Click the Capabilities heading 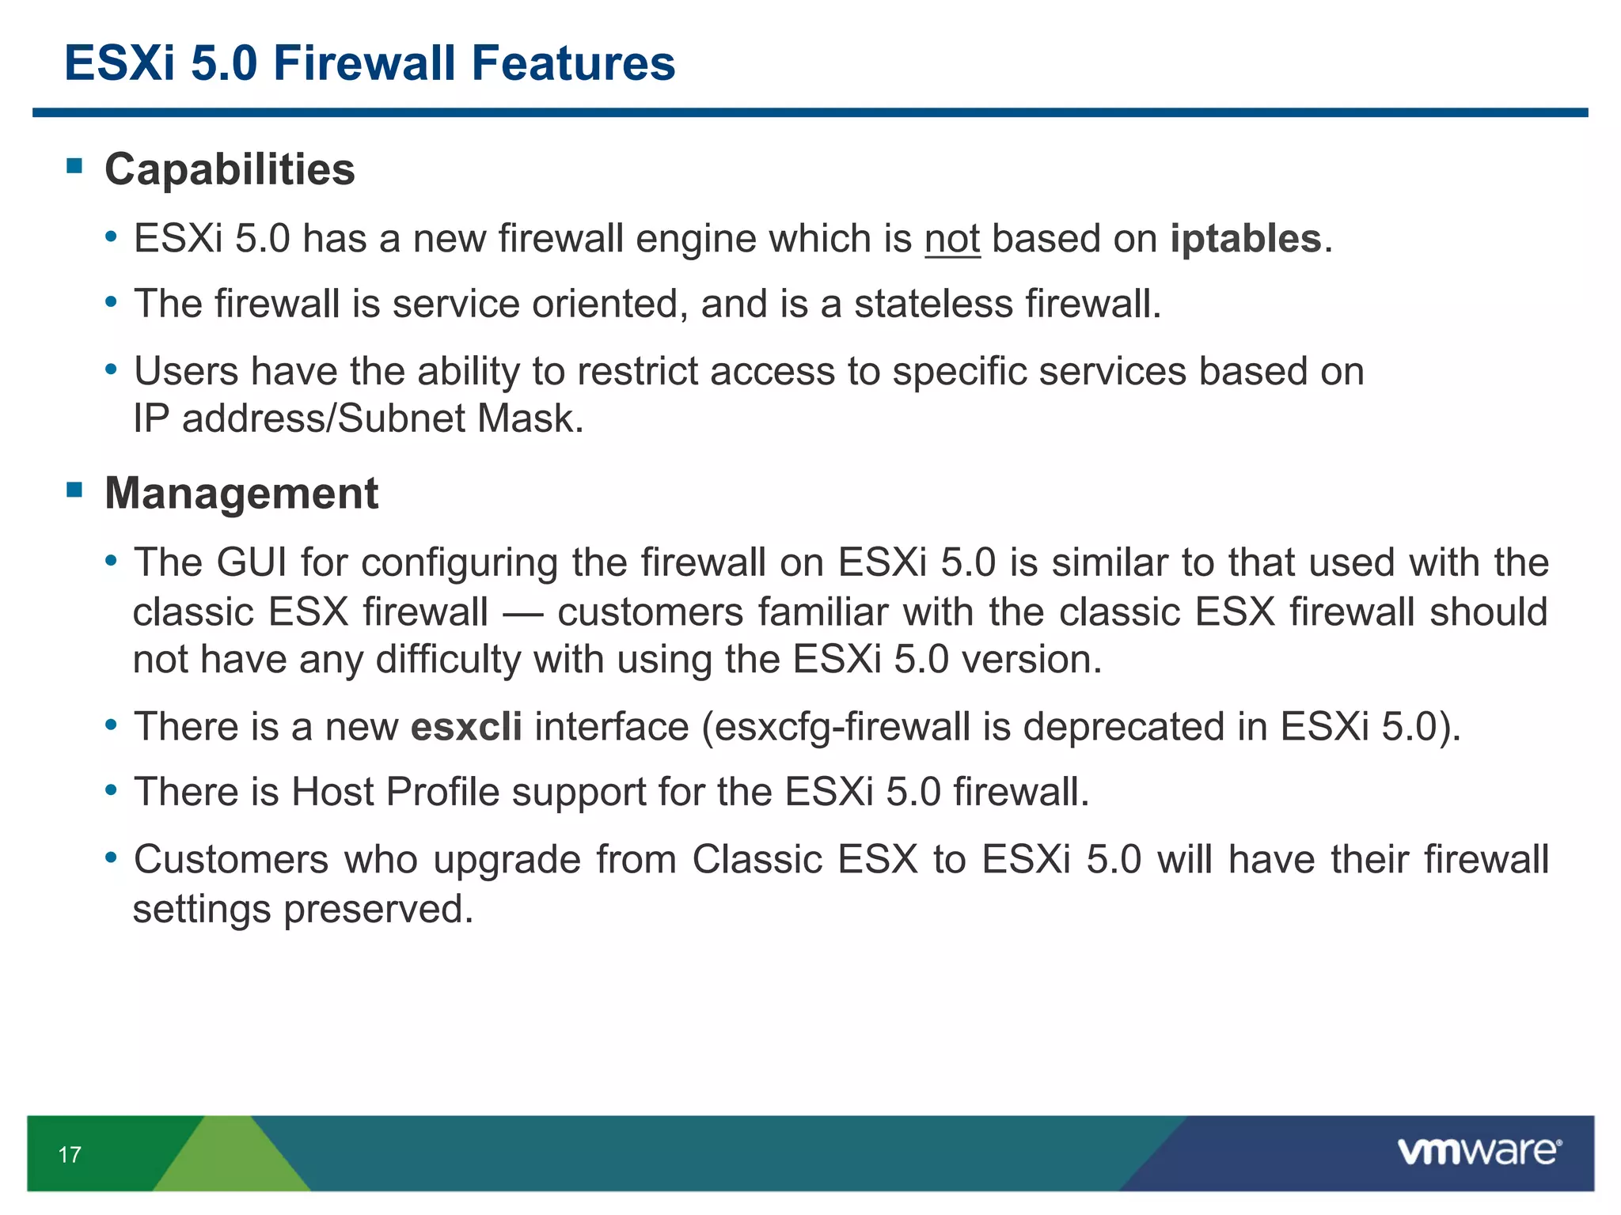click(230, 169)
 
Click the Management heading click(241, 494)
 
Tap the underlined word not click(952, 239)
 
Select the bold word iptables click(1246, 239)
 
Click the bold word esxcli click(466, 727)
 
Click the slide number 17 click(70, 1155)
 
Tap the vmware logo click(1479, 1152)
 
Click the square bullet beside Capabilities click(75, 165)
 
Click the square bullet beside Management click(75, 490)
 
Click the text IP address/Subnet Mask click(358, 418)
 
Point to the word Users click(185, 372)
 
